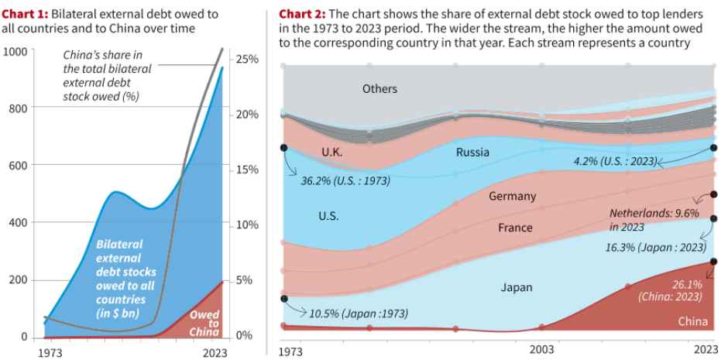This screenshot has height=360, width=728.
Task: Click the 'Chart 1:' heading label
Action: [x=25, y=14]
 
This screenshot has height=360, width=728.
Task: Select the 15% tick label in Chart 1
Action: [x=246, y=170]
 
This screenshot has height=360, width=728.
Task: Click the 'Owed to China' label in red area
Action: [x=204, y=324]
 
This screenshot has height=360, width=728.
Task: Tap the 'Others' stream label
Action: [x=379, y=89]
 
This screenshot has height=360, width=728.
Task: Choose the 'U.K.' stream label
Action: [x=331, y=153]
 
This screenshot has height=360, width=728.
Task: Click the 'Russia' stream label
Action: [x=472, y=153]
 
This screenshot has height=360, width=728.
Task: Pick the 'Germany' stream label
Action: [x=512, y=197]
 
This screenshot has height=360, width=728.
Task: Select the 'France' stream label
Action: [x=515, y=228]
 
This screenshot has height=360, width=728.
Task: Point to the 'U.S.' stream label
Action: [x=328, y=216]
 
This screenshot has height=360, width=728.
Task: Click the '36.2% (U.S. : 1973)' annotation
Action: [x=345, y=181]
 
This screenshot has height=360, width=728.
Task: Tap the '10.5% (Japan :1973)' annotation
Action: [x=358, y=314]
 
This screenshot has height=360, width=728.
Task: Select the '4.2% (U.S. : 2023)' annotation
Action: [x=615, y=162]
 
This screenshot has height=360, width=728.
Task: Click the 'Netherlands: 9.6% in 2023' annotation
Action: [x=654, y=218]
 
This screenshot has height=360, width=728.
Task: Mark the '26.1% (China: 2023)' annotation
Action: [x=670, y=290]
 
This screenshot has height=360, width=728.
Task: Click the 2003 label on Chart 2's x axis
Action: [x=541, y=350]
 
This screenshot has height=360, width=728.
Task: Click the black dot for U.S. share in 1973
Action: [x=283, y=147]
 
